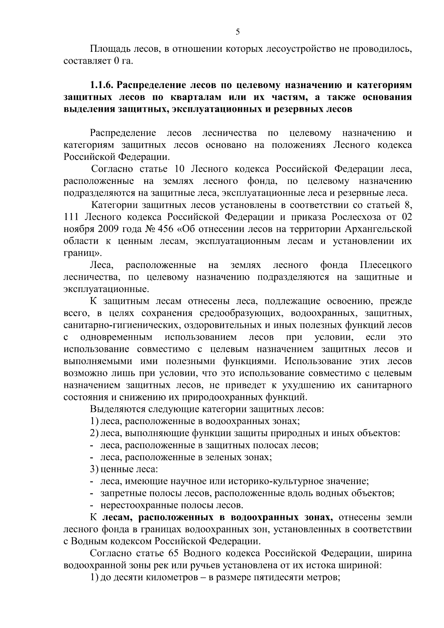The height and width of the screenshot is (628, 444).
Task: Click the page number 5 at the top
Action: (238, 32)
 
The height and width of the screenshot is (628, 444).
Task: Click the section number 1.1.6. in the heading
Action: (102, 85)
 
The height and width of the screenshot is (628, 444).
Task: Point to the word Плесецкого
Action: (386, 265)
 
